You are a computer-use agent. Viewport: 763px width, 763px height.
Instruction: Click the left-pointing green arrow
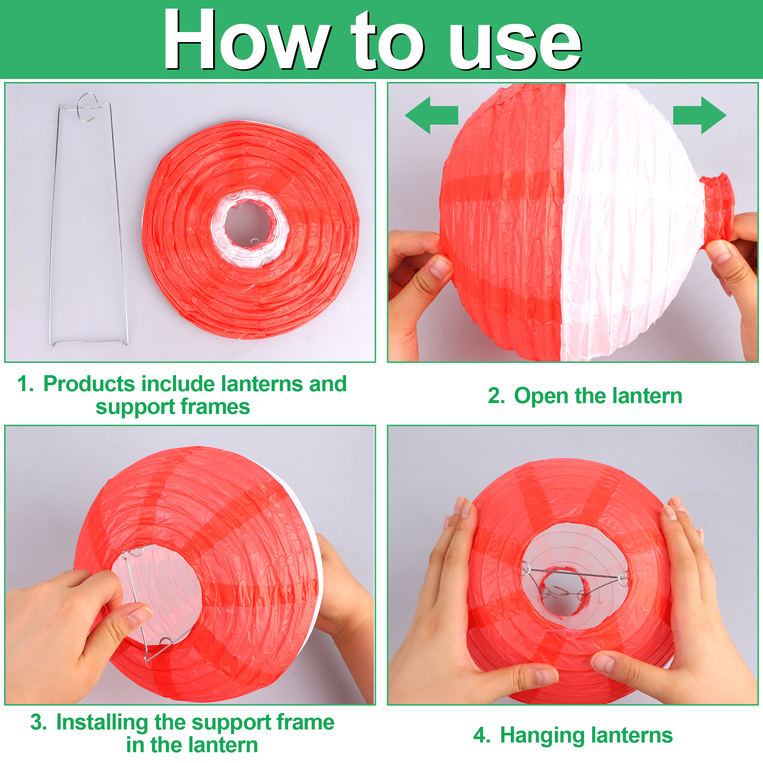pos(431,115)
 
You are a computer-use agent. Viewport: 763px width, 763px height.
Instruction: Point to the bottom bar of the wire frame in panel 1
pos(89,342)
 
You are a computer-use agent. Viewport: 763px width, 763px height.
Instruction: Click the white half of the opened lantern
pos(624,221)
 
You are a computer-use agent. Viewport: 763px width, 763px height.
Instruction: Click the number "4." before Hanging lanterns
pos(482,735)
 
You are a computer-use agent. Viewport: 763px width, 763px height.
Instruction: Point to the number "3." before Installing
pos(38,722)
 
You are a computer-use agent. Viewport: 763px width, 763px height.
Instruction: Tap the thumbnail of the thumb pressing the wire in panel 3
pos(140,615)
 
